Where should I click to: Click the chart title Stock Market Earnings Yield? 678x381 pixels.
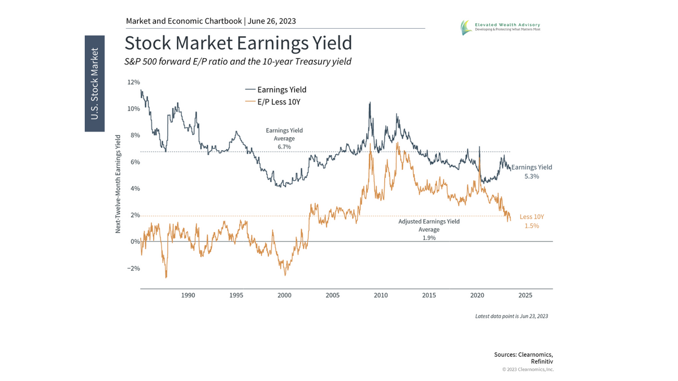tap(238, 43)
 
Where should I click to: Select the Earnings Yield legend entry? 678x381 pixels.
tap(281, 90)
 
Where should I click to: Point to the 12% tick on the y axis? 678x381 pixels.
tap(133, 82)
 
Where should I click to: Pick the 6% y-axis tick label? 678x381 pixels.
tap(134, 162)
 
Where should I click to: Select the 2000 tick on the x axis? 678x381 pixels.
tap(285, 295)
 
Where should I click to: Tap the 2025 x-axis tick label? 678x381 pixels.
tap(525, 295)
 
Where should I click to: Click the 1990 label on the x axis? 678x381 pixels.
tap(188, 295)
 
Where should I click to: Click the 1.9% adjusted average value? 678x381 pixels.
tap(429, 238)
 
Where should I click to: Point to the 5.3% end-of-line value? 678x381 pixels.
tap(532, 176)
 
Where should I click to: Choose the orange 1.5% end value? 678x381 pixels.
tap(532, 226)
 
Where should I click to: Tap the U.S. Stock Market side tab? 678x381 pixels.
tap(94, 84)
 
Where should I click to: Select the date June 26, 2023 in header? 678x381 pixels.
tap(272, 21)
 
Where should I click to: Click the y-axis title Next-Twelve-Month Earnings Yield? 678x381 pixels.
tap(118, 184)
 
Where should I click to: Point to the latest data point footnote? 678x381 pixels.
tap(511, 316)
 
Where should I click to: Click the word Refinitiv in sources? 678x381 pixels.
tap(542, 361)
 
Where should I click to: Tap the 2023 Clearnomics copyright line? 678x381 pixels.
tap(528, 369)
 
